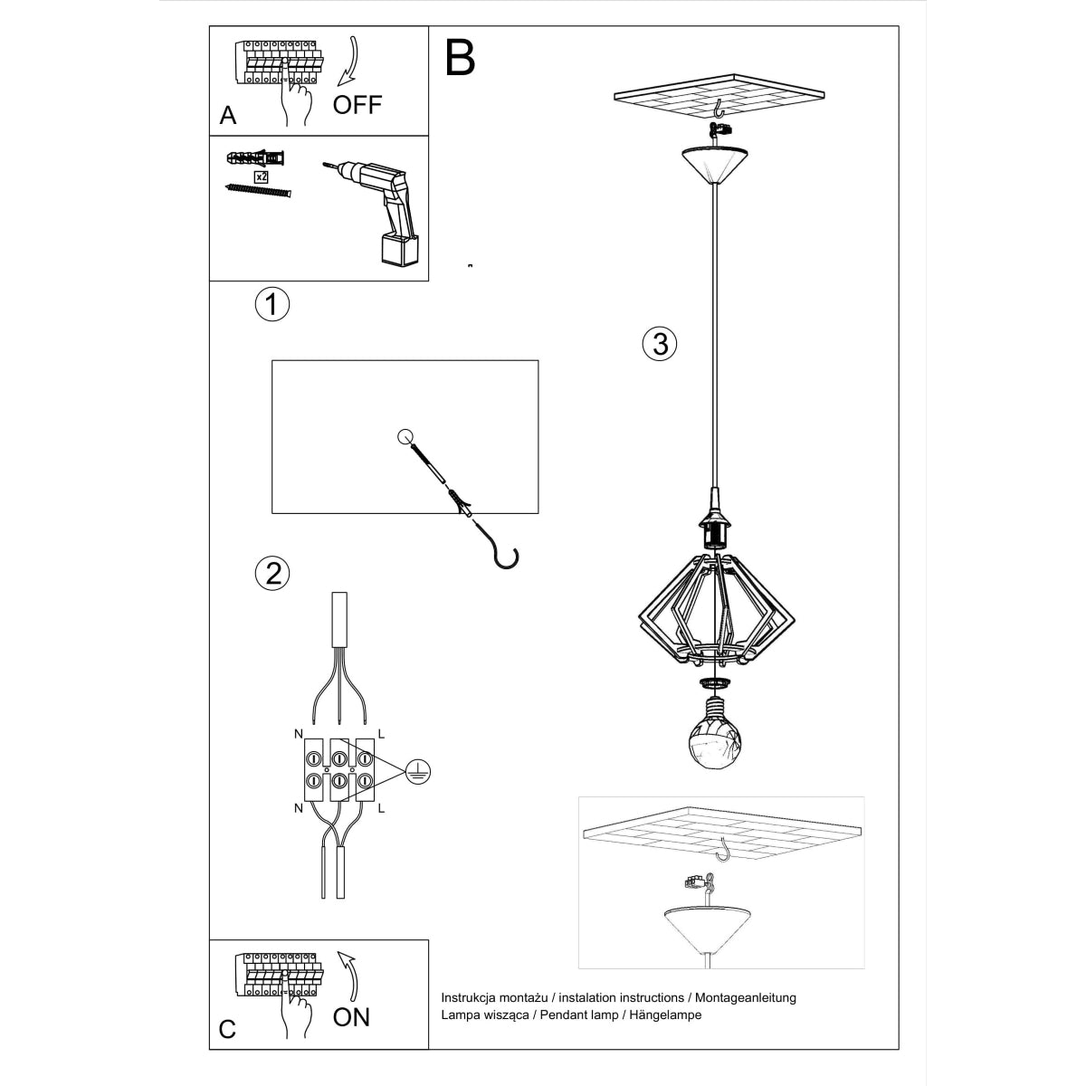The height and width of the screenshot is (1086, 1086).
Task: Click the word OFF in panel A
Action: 357,104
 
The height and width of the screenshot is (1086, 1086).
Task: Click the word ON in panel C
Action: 351,1016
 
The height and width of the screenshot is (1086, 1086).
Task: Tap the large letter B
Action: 460,58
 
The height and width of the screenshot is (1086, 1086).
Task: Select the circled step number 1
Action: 271,304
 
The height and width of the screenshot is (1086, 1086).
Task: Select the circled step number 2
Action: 272,573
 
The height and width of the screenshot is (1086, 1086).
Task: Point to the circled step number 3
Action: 659,344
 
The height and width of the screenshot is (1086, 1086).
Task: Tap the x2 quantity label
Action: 261,176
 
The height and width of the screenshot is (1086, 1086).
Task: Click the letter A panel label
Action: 228,116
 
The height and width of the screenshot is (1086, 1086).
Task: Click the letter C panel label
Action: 228,1030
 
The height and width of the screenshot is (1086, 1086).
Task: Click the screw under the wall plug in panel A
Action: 259,190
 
